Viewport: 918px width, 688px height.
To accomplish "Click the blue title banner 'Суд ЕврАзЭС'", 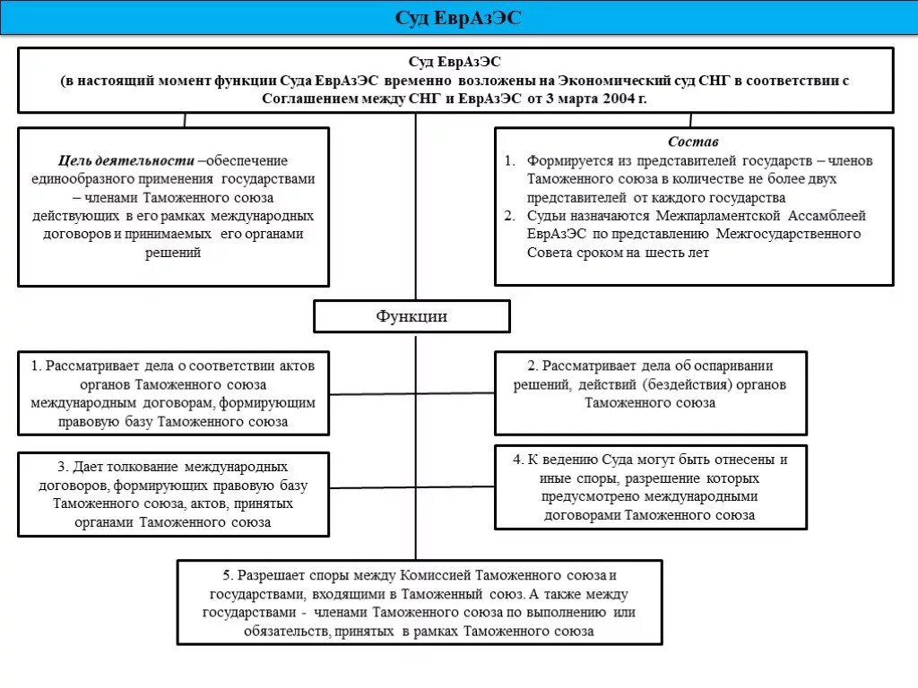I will tap(458, 19).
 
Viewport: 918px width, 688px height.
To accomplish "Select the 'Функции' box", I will tap(411, 316).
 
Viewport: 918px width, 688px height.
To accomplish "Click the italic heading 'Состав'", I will tap(693, 142).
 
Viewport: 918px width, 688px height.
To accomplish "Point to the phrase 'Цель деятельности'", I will tap(126, 161).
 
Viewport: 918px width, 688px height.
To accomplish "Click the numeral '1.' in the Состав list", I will tap(508, 161).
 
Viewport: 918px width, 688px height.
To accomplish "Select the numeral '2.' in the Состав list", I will tap(508, 216).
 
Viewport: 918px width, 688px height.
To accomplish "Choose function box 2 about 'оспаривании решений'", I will tap(650, 384).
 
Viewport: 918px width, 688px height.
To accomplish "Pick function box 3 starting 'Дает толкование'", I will tap(173, 494).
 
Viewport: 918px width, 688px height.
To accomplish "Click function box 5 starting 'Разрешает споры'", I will tap(419, 602).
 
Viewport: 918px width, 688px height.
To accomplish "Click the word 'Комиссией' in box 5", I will tap(437, 575).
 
